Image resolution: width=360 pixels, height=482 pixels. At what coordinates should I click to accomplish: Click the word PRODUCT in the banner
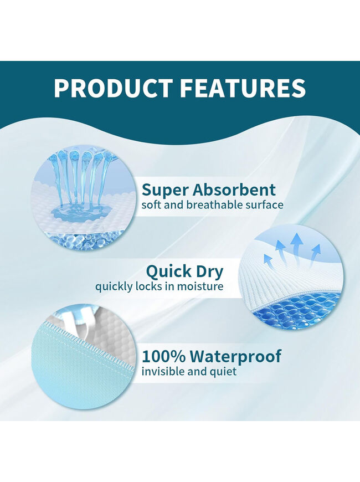tap(113, 88)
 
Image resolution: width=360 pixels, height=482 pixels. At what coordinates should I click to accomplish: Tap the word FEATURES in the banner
tap(243, 88)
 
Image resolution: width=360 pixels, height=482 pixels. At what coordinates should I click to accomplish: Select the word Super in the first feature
tap(164, 191)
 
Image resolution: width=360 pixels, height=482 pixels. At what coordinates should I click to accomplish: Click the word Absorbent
tap(234, 189)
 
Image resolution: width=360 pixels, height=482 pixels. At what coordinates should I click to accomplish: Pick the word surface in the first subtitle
tap(264, 206)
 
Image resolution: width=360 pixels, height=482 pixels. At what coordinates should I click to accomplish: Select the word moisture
tap(202, 286)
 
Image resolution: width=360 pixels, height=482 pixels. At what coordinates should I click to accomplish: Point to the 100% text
tap(163, 357)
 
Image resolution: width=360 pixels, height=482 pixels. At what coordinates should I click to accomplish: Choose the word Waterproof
tap(235, 357)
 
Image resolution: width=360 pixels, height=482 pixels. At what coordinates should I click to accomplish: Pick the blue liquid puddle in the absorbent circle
tap(81, 211)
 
